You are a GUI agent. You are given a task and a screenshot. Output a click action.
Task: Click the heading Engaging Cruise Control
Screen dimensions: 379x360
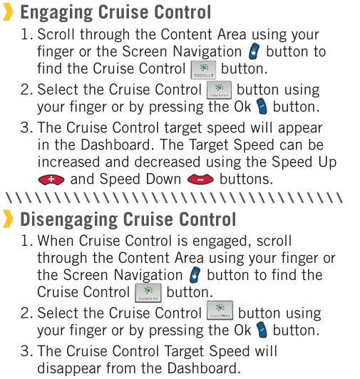pos(115,13)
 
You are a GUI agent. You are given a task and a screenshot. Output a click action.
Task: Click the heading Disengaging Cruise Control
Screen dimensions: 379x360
pos(128,219)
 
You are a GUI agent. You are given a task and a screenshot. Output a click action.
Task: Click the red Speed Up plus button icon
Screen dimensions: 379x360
pos(51,180)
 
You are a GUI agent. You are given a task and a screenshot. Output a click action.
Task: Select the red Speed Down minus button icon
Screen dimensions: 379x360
pos(200,180)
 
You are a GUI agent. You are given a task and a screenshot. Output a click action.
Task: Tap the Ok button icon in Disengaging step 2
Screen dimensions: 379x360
pos(262,330)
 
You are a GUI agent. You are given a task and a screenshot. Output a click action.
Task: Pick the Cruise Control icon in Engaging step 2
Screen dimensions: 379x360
pos(219,90)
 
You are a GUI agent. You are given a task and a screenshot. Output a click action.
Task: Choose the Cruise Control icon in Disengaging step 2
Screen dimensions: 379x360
pos(220,312)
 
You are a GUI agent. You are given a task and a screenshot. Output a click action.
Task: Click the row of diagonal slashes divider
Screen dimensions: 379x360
pos(175,197)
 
